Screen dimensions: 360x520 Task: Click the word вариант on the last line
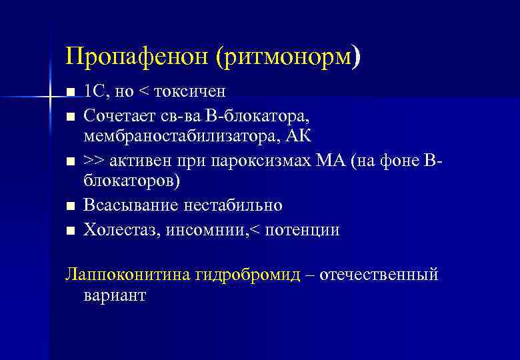114,295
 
